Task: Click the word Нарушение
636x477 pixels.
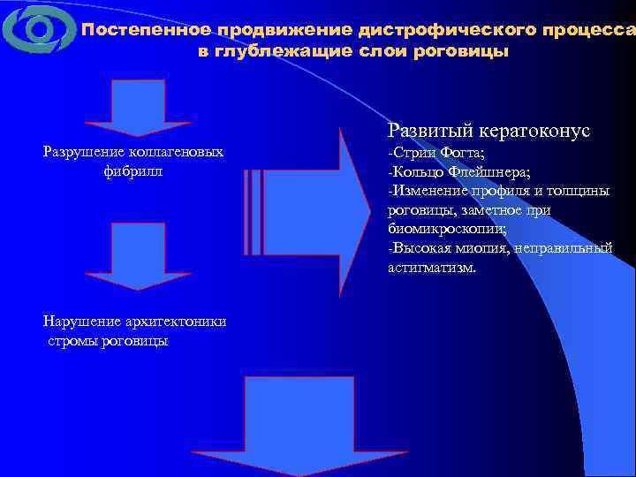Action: click(x=80, y=321)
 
